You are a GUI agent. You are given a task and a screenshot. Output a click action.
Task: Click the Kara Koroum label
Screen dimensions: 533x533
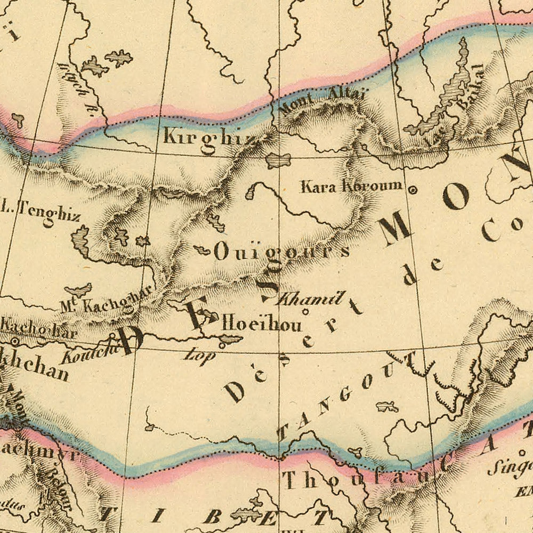(351, 186)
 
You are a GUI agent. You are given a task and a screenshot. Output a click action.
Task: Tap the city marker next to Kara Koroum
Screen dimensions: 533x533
(412, 189)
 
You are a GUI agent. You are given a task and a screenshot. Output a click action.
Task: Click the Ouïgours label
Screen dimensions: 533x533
(281, 252)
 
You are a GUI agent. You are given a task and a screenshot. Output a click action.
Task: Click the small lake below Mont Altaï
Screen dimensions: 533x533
(278, 159)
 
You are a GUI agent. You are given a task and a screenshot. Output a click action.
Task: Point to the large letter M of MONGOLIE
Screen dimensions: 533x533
(394, 229)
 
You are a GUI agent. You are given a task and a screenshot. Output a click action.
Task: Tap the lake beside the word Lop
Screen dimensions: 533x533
(230, 339)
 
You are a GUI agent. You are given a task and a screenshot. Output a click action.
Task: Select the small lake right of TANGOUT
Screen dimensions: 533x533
(387, 407)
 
